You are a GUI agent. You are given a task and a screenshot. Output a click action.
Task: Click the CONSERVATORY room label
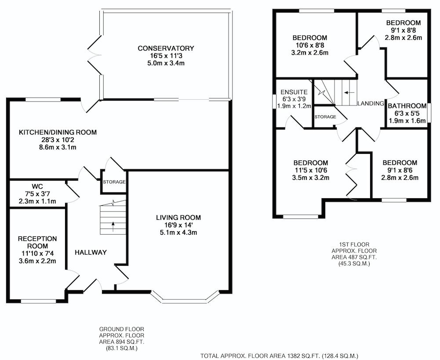[x=166, y=48]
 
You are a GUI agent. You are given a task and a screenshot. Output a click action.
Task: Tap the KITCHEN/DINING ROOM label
[x=58, y=132]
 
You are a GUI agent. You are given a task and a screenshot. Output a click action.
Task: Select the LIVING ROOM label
[x=178, y=218]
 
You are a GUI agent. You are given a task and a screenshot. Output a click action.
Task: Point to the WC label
[x=37, y=186]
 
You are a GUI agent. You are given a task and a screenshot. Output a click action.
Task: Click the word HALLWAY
[x=91, y=253]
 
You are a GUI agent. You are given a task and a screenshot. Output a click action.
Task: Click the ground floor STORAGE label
[x=114, y=182]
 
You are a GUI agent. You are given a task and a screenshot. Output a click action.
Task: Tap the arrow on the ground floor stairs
[x=113, y=227]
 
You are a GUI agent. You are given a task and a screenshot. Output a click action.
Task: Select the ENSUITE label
[x=294, y=92]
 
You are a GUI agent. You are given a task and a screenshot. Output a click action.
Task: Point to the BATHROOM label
[x=407, y=106]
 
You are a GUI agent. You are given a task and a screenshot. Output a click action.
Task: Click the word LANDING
[x=371, y=103]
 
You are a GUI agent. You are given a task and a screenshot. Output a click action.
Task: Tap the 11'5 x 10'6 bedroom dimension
[x=311, y=170]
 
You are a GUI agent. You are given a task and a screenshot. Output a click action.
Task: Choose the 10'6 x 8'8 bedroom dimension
[x=310, y=45]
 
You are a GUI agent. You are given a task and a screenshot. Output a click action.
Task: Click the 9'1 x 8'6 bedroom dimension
[x=400, y=170]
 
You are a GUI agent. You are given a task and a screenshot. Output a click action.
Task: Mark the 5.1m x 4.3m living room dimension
[x=178, y=233]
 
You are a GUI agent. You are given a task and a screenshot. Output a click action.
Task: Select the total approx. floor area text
[x=279, y=356]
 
